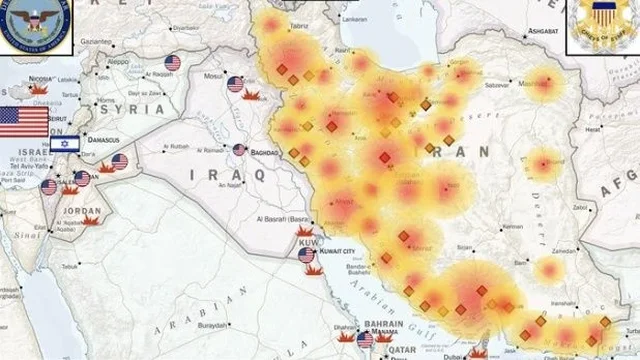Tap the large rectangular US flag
[x=24, y=121]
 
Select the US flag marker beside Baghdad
[x=239, y=150]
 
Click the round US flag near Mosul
[x=236, y=85]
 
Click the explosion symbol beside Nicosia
[x=41, y=89]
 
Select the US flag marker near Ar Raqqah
[x=172, y=63]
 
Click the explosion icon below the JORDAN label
[x=90, y=221]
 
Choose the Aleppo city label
[x=117, y=61]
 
